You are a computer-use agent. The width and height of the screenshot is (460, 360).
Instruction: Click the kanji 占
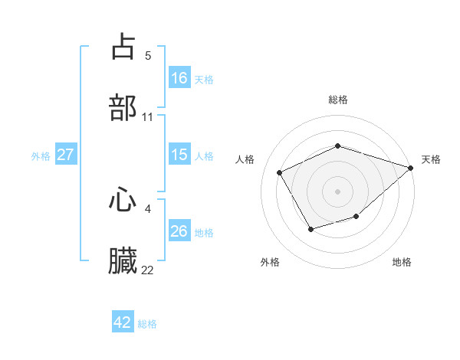(x=123, y=46)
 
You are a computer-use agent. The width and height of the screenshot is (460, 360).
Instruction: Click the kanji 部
(x=123, y=107)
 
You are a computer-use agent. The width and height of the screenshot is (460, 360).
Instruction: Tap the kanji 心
(x=123, y=200)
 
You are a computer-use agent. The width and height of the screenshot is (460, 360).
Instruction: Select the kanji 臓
(x=123, y=261)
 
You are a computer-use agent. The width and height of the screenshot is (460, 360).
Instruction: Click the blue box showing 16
(x=179, y=77)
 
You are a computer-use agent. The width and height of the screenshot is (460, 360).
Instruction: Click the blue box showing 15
(x=179, y=155)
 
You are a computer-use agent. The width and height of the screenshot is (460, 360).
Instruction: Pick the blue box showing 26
(x=179, y=231)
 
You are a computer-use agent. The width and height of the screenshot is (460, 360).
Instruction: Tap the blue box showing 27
(x=66, y=155)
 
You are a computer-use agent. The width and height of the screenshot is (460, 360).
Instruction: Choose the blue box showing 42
(x=123, y=322)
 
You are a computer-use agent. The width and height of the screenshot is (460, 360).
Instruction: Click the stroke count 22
(x=148, y=270)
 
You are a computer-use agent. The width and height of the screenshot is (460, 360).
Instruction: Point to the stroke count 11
(x=148, y=116)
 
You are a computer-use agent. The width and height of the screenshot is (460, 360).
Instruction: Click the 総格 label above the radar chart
(x=338, y=100)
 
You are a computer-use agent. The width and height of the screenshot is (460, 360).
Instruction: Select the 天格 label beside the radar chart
(x=431, y=159)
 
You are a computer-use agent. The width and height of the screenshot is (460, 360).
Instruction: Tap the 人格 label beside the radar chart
(x=245, y=159)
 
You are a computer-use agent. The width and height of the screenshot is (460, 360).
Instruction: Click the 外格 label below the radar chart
(x=270, y=263)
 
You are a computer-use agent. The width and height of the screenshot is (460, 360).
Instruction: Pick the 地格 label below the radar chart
(x=402, y=263)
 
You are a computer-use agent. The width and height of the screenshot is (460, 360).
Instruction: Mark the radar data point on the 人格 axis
(x=280, y=172)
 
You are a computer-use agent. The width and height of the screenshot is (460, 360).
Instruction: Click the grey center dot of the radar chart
(x=338, y=191)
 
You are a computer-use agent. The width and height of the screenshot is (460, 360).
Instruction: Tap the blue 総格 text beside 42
(x=147, y=323)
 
